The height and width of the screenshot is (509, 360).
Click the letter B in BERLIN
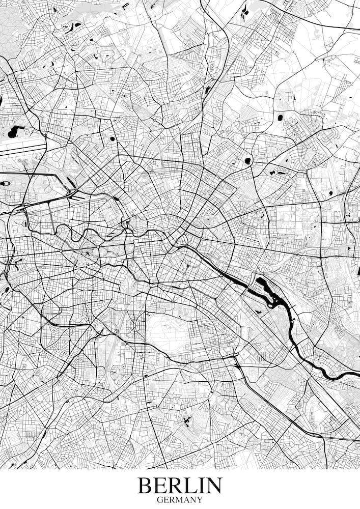pyautogui.click(x=146, y=485)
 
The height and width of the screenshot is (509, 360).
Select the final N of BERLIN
pyautogui.click(x=213, y=485)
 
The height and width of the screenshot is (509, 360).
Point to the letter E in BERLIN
pyautogui.click(x=162, y=485)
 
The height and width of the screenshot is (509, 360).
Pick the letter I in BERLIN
pyautogui.click(x=200, y=485)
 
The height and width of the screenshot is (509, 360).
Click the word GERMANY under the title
pyautogui.click(x=179, y=499)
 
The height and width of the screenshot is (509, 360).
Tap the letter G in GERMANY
pyautogui.click(x=160, y=499)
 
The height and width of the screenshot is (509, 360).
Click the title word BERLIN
pyautogui.click(x=179, y=485)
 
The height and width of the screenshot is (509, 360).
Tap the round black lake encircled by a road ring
pyautogui.click(x=248, y=161)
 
